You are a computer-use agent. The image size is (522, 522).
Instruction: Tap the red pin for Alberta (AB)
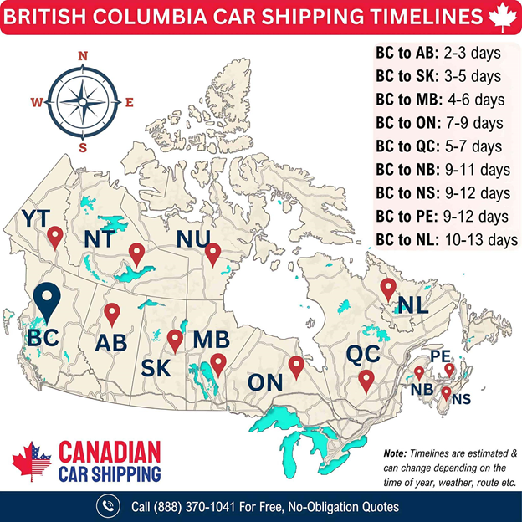tap(112, 315)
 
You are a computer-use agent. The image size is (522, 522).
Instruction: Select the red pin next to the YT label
tap(55, 238)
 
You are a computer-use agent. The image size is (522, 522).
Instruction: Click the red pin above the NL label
tap(387, 289)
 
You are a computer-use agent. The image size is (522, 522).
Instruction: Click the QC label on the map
tap(365, 353)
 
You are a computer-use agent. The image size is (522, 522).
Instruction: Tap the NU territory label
tap(194, 240)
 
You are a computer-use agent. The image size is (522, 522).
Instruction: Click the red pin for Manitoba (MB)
tap(218, 363)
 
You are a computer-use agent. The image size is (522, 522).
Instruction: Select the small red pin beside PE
tap(449, 368)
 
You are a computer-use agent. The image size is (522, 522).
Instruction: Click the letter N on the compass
tap(82, 56)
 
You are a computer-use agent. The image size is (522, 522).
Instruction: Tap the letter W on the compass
tap(37, 103)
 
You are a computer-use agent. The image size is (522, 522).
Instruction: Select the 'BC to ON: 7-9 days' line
tap(439, 123)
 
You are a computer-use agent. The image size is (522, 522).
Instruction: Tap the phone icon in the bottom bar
tap(108, 506)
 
